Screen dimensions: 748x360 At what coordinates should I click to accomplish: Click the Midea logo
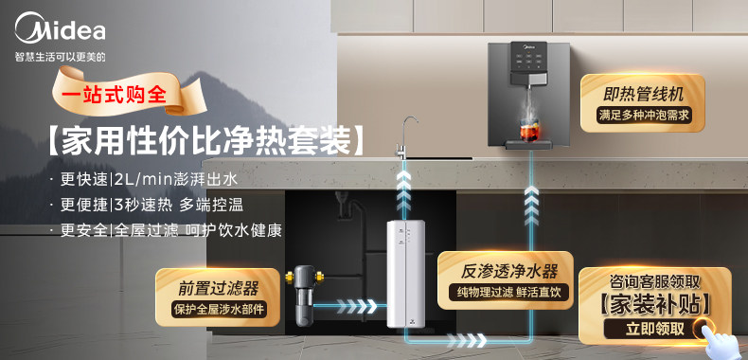tap(60, 28)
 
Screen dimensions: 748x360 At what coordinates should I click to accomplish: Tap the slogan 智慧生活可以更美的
tap(60, 57)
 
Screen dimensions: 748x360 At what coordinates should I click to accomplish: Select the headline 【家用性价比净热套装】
tap(205, 140)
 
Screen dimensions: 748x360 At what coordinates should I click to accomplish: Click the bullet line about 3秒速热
tap(148, 206)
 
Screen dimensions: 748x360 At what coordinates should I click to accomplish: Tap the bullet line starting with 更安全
tap(166, 230)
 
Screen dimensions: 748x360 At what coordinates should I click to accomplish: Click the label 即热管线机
tap(643, 94)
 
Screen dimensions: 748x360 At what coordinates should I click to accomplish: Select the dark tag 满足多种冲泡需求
tap(643, 116)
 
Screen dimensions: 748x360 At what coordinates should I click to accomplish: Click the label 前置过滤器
tap(219, 288)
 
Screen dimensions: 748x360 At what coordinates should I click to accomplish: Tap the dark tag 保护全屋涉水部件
tap(218, 309)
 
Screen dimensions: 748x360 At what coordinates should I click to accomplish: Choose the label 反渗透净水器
tap(509, 272)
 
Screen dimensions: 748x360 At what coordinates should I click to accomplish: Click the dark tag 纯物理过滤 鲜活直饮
tap(509, 292)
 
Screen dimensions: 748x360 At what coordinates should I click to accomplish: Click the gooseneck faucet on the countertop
tap(404, 137)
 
